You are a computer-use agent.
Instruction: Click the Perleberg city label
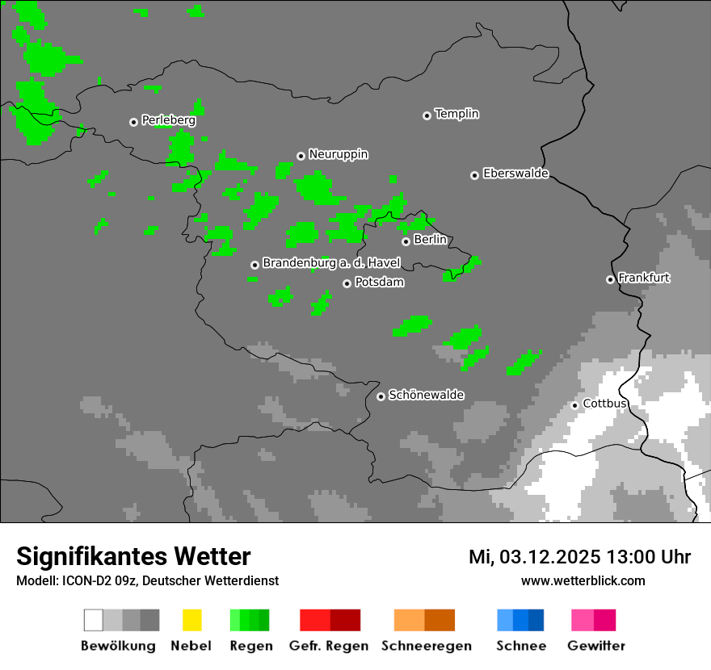(x=168, y=120)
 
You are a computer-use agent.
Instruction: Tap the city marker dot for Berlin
(x=406, y=241)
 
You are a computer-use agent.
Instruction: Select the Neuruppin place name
(x=338, y=154)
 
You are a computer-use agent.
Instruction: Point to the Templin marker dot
(x=427, y=115)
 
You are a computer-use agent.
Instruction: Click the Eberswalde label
(x=515, y=174)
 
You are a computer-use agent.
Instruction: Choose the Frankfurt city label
(x=644, y=278)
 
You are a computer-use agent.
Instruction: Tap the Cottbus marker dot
(x=574, y=405)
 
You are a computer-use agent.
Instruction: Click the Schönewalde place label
(x=426, y=395)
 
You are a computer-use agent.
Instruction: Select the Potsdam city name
(x=379, y=283)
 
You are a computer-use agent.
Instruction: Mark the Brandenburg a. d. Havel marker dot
(x=255, y=265)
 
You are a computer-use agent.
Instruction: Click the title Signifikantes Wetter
(x=133, y=557)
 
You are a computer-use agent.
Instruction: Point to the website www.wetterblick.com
(x=583, y=580)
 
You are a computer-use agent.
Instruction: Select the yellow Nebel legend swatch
(x=191, y=620)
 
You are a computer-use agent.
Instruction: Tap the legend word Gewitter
(x=595, y=646)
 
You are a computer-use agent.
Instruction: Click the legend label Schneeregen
(x=426, y=646)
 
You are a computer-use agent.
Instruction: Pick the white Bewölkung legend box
(x=94, y=620)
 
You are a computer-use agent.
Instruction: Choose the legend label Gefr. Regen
(x=329, y=646)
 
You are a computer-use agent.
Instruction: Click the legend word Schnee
(x=521, y=646)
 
